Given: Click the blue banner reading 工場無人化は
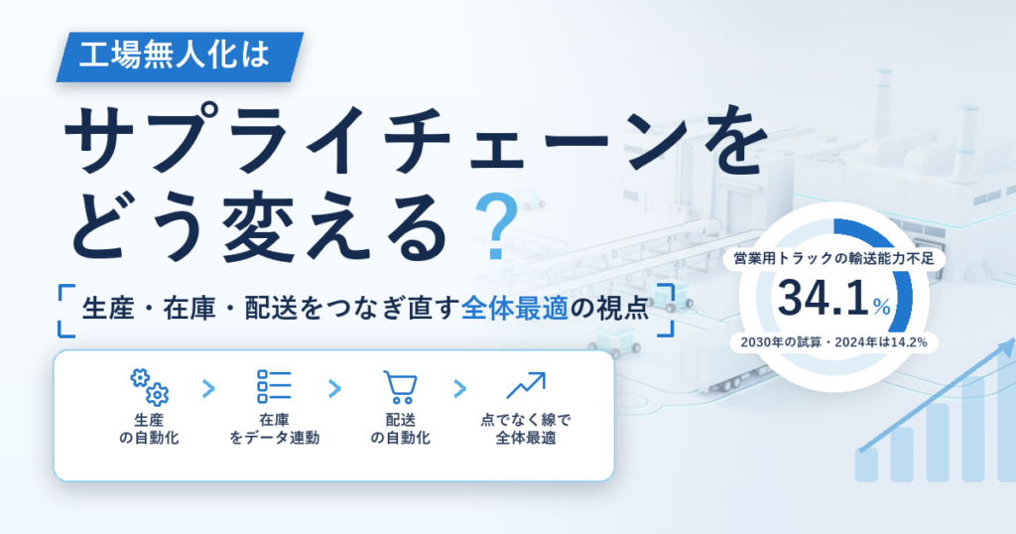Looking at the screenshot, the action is [181, 57].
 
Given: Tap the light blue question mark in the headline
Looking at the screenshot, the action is [496, 227].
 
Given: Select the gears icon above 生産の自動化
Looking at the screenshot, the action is [149, 387].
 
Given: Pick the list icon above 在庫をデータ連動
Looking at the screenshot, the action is [274, 387].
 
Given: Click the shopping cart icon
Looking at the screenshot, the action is [400, 387].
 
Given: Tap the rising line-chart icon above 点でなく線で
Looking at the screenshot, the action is [526, 385].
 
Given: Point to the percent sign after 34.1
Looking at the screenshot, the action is [882, 306].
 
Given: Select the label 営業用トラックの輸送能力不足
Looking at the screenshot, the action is [833, 259].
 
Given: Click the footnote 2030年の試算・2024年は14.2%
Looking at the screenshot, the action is [833, 342].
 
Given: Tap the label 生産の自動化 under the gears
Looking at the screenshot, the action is [149, 429].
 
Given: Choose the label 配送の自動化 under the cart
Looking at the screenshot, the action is [400, 429].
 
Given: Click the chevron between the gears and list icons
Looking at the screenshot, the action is [208, 389].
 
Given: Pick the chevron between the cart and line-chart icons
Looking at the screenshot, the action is [459, 389].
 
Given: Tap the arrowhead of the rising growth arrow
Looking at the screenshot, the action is [1006, 348].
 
